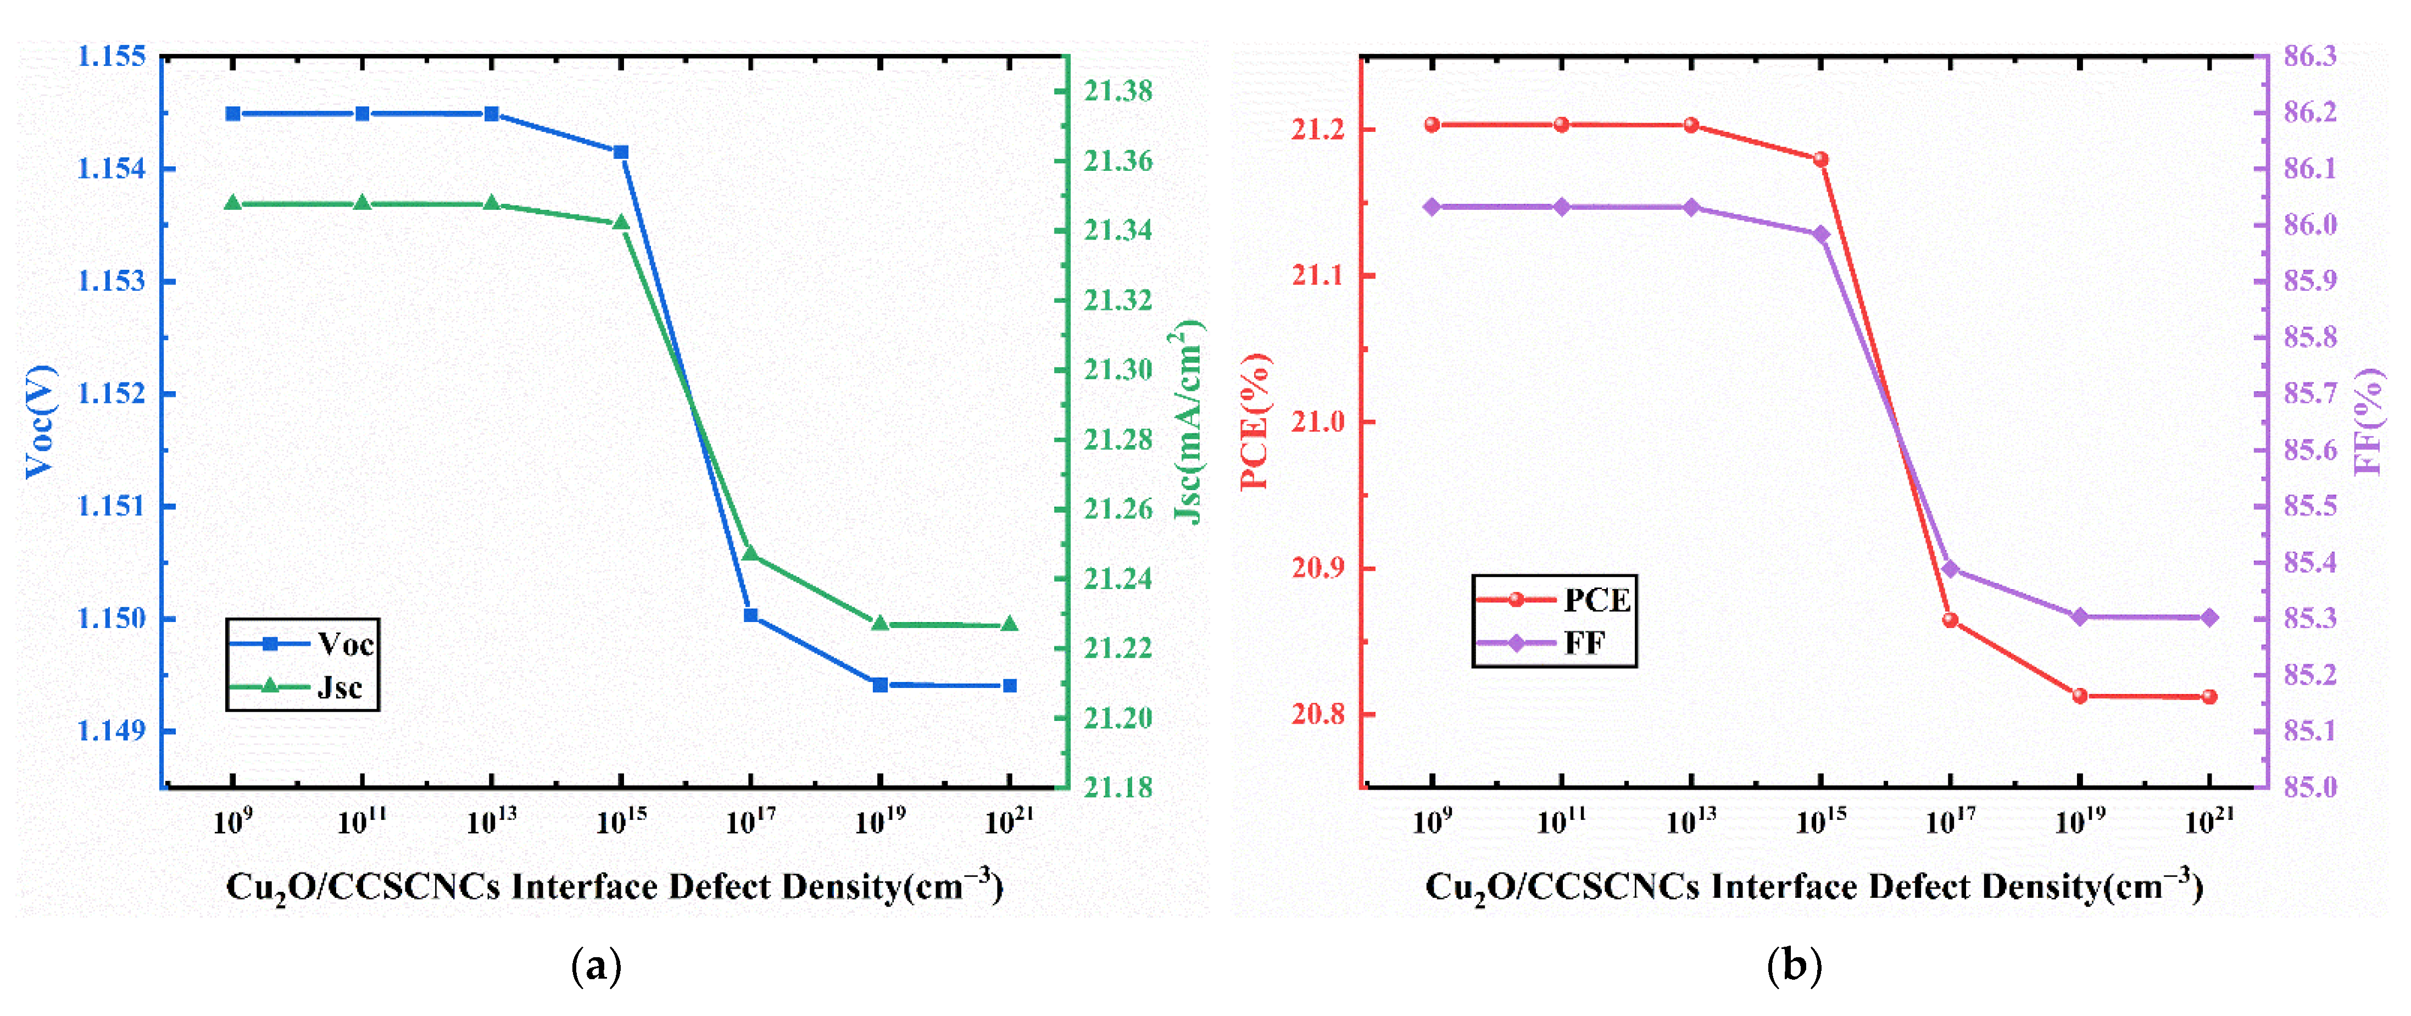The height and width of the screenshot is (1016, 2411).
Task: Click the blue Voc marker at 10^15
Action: pos(621,152)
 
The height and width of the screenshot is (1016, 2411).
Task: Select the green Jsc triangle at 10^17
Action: pos(750,553)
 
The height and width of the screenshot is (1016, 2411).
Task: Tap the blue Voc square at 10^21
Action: pos(1009,685)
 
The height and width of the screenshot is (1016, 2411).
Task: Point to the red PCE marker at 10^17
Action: pos(1951,620)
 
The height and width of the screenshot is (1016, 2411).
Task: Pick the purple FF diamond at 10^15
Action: pos(1820,234)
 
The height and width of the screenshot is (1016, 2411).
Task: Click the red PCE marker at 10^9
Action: pos(1432,125)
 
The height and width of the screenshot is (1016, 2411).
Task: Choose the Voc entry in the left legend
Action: pos(344,643)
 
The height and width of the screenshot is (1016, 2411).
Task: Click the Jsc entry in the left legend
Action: pos(339,687)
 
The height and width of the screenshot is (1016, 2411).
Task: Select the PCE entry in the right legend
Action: pos(1596,599)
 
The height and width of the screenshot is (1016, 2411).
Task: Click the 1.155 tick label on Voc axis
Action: pos(112,56)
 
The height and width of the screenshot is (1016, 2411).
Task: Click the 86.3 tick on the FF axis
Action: pos(2310,56)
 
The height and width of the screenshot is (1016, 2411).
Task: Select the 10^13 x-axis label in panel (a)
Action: pos(491,821)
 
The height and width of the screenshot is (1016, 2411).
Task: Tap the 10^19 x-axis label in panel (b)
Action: pos(2080,821)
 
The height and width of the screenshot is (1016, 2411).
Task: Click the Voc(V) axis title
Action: pos(40,421)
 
